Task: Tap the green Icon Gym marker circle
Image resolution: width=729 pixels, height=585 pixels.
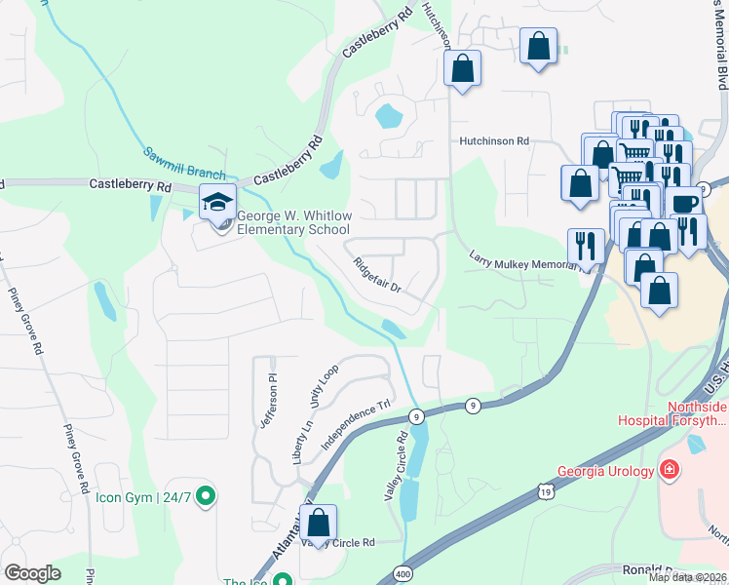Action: [205, 497]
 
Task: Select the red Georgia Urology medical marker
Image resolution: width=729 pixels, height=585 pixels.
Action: [669, 471]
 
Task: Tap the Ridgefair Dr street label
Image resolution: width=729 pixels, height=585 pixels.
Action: [377, 275]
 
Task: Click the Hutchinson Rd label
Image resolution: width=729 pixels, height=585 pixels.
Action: [494, 141]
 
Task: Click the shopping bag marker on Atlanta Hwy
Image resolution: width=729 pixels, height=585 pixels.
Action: [318, 523]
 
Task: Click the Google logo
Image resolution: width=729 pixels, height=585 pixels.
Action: [32, 573]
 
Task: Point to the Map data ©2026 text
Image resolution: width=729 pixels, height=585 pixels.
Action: [688, 577]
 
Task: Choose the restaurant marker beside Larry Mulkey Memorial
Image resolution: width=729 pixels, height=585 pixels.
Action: [586, 246]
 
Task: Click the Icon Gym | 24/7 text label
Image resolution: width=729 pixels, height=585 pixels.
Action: [143, 497]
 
